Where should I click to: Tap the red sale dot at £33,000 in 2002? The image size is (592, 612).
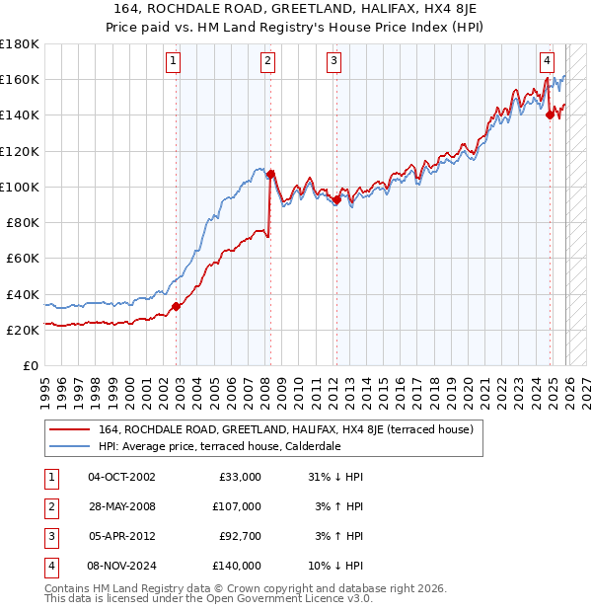177,306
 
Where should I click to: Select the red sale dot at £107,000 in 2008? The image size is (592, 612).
270,174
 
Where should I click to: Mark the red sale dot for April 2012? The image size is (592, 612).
336,199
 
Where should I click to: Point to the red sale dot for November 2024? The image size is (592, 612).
550,115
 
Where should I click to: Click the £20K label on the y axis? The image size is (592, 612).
22,330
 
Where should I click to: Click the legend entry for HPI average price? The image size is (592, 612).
219,446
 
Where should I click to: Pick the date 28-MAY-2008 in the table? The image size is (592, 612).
121,506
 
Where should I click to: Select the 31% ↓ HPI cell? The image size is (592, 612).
335,477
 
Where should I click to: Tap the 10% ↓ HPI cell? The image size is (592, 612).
335,566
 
